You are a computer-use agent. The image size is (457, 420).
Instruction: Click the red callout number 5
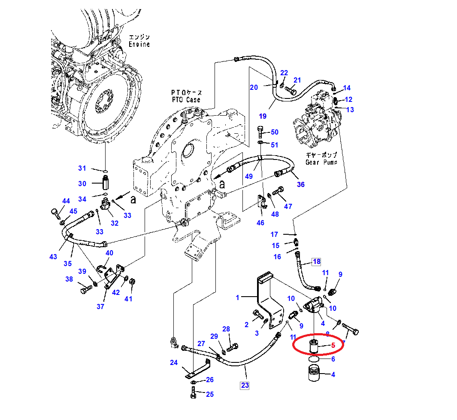tap(333, 345)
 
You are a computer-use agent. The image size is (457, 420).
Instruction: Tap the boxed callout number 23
tap(245, 385)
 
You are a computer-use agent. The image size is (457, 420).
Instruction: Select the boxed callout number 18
tap(317, 261)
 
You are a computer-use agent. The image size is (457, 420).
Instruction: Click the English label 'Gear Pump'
tap(321, 162)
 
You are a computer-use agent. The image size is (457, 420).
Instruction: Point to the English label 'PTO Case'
tap(186, 100)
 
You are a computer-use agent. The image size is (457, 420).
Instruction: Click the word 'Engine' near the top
tap(139, 44)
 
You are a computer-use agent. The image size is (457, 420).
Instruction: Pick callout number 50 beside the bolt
tap(275, 132)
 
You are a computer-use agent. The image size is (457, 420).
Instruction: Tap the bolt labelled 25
tap(193, 392)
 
